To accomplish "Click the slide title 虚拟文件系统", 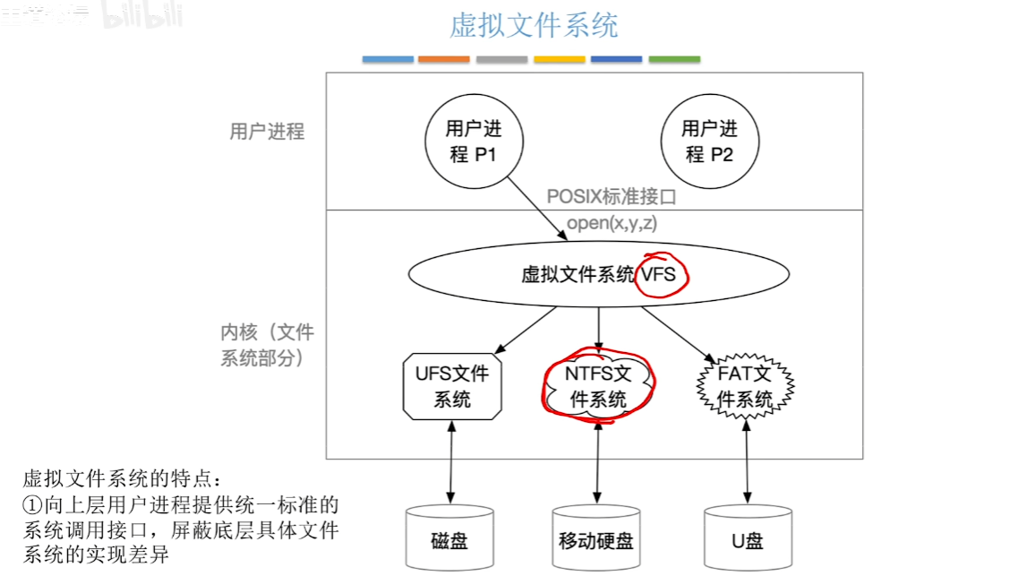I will point(534,25).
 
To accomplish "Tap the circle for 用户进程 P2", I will point(710,142).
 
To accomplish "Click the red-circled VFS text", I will point(659,274).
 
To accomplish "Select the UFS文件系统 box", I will point(452,386).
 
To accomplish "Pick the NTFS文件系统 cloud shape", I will point(597,387).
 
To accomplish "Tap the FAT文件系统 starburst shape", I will point(745,387).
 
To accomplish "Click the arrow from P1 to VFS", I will point(537,207).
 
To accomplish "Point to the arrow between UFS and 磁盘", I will point(449,461).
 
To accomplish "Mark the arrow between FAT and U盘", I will point(747,461).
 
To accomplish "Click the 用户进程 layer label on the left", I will point(267,132).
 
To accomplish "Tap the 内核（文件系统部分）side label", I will point(267,345).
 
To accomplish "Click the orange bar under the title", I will point(443,59).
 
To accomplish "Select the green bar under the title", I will point(674,59).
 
